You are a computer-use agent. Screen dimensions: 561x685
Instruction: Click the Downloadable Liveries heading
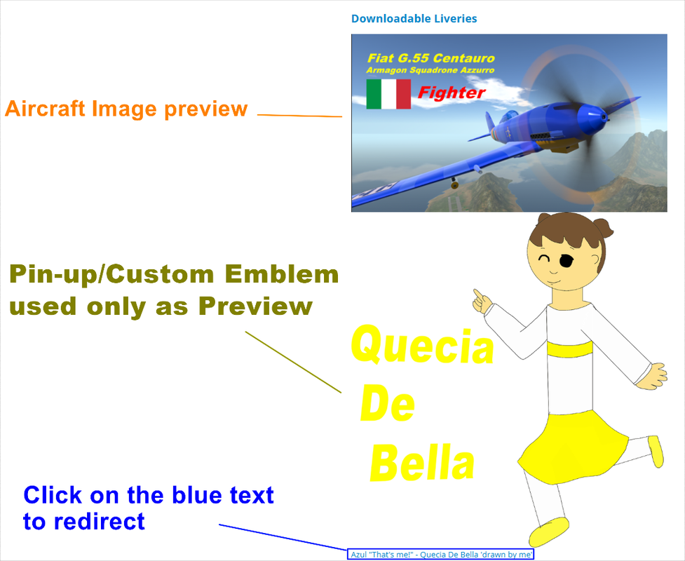(x=414, y=19)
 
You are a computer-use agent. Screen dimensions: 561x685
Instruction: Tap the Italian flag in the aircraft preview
(x=388, y=94)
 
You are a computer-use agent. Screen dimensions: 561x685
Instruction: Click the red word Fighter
(x=452, y=93)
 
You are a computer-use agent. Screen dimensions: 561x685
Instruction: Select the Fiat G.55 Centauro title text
(x=430, y=58)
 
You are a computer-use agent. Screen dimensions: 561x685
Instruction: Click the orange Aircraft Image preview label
(x=126, y=109)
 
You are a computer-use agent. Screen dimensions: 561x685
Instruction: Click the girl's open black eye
(x=567, y=262)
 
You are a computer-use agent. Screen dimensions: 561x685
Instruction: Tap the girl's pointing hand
(x=482, y=301)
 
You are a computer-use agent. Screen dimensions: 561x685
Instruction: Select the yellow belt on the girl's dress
(x=569, y=349)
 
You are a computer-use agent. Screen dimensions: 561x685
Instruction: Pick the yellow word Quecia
(x=422, y=346)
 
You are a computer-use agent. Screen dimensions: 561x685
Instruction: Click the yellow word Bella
(x=422, y=464)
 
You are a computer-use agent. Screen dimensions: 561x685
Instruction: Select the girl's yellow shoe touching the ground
(x=549, y=532)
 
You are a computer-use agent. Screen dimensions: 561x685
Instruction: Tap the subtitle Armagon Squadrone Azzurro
(x=430, y=71)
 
